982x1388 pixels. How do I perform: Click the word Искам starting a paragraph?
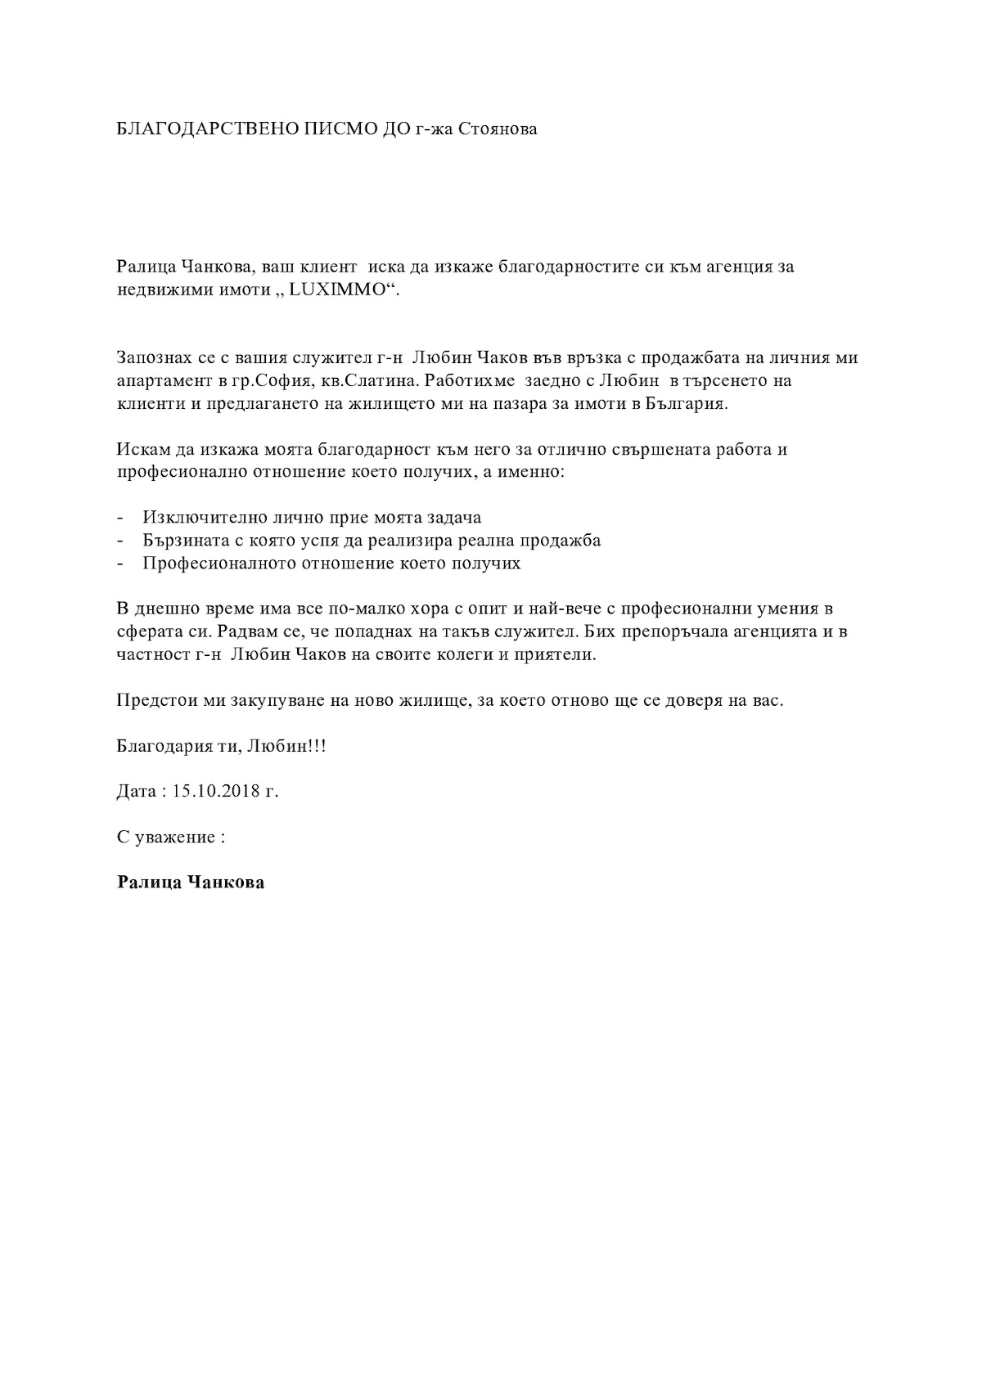click(x=142, y=450)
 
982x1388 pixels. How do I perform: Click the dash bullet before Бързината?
click(x=122, y=541)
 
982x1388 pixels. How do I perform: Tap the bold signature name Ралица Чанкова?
click(x=191, y=883)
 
